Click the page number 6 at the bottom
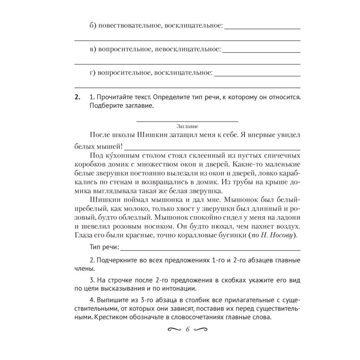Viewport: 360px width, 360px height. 187,329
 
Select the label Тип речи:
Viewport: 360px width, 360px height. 104,247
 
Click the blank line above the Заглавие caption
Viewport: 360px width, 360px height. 187,121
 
